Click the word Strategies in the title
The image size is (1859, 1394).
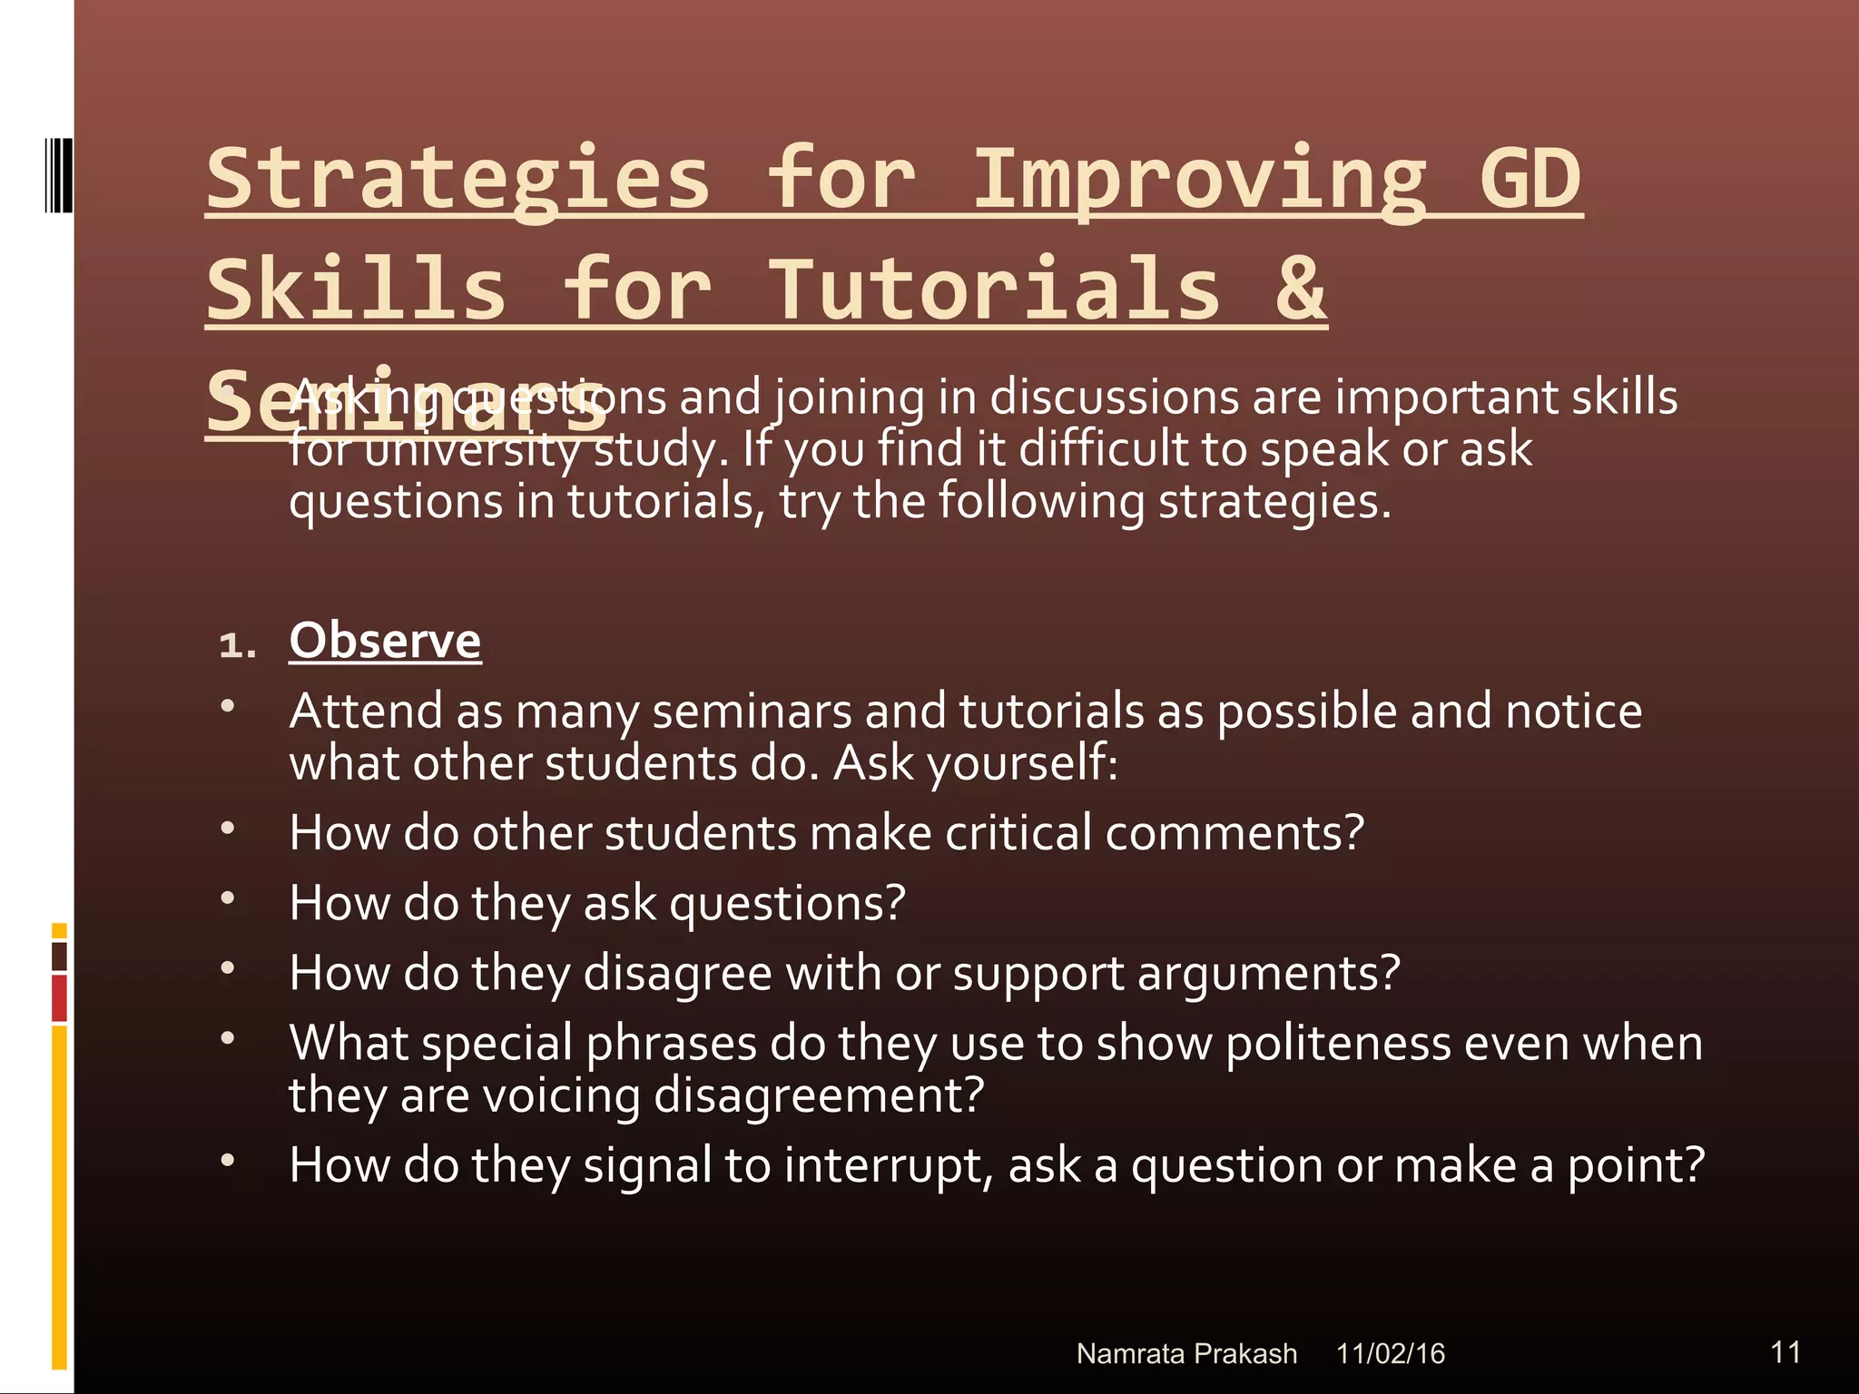pos(457,180)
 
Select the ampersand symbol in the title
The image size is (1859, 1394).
pos(1300,289)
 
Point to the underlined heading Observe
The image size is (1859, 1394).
pos(385,641)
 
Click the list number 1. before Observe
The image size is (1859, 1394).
pos(237,645)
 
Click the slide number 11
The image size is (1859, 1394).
pos(1785,1351)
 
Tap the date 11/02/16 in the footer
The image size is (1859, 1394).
pos(1390,1353)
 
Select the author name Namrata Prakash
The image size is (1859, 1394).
pos(1186,1353)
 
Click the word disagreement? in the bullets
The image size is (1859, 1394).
pos(819,1095)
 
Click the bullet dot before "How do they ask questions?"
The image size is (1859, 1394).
pos(228,898)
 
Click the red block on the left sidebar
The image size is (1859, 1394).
pos(59,998)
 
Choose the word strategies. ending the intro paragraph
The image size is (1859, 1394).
pos(1274,502)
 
